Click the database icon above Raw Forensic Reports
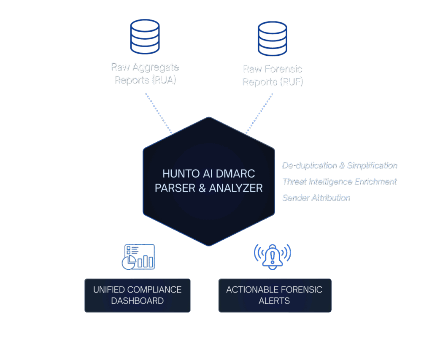point(272,38)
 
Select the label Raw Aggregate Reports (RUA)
point(145,73)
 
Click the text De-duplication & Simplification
point(339,165)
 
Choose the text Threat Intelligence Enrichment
point(339,181)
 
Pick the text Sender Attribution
point(316,198)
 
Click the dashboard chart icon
point(138,257)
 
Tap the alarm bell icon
point(272,256)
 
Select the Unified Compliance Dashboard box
point(137,295)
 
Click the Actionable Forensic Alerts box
point(274,295)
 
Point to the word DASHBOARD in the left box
point(137,301)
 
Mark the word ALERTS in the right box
point(274,301)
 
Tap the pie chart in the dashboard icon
point(128,263)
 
